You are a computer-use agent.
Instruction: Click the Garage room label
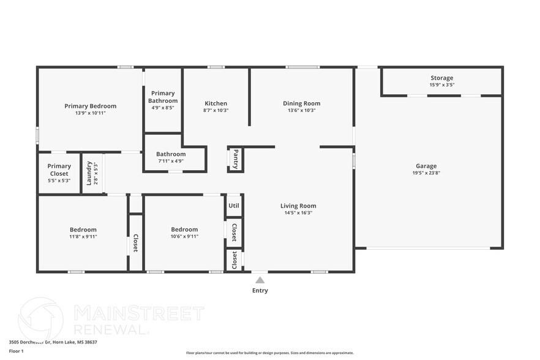pyautogui.click(x=426, y=166)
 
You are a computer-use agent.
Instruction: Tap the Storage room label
pyautogui.click(x=441, y=78)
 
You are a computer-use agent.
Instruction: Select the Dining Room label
pyautogui.click(x=301, y=103)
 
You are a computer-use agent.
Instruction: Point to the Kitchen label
pyautogui.click(x=216, y=103)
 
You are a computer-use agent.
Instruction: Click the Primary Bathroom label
pyautogui.click(x=163, y=97)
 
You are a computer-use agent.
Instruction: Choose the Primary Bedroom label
pyautogui.click(x=90, y=106)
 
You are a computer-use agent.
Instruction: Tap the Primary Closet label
pyautogui.click(x=59, y=170)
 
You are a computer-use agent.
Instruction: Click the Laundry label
pyautogui.click(x=89, y=173)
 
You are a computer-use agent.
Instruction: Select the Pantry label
pyautogui.click(x=236, y=159)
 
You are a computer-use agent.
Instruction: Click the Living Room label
pyautogui.click(x=298, y=206)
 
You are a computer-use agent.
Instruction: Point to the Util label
pyautogui.click(x=234, y=206)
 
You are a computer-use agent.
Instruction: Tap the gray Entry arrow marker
pyautogui.click(x=260, y=280)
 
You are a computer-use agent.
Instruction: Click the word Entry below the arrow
pyautogui.click(x=260, y=291)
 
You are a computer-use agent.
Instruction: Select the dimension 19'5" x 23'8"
pyautogui.click(x=426, y=173)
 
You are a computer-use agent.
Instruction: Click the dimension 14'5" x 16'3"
pyautogui.click(x=298, y=213)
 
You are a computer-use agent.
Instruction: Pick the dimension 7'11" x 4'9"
pyautogui.click(x=171, y=161)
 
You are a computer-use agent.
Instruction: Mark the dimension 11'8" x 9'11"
pyautogui.click(x=83, y=236)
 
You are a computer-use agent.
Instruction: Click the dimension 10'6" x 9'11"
pyautogui.click(x=184, y=236)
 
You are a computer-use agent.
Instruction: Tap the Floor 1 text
pyautogui.click(x=16, y=351)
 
